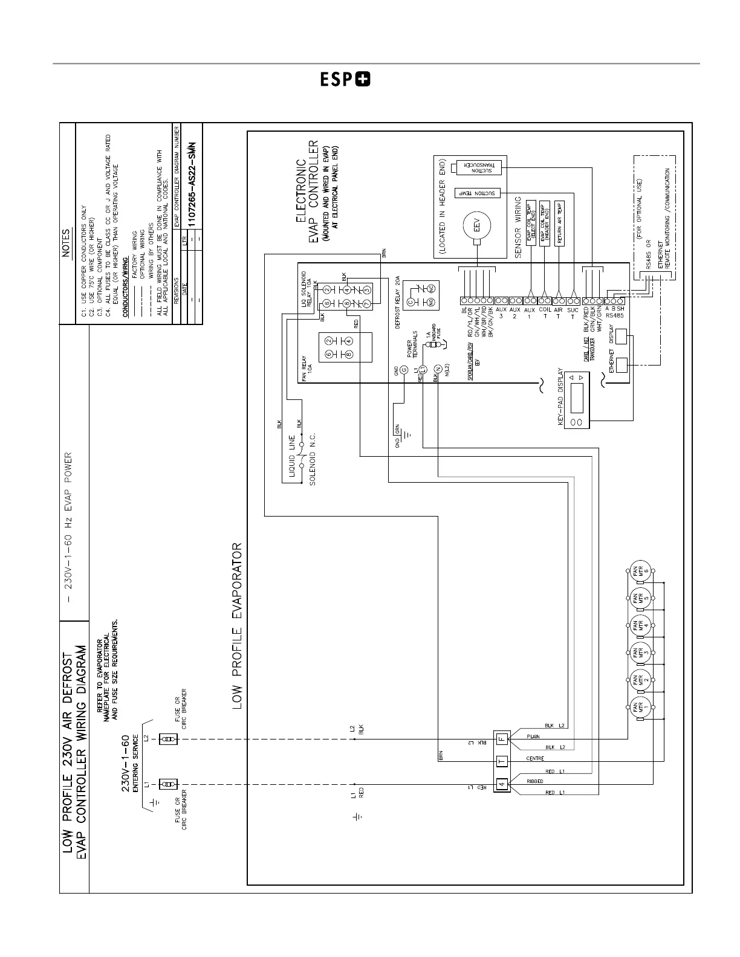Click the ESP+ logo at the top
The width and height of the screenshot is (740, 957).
pyautogui.click(x=345, y=80)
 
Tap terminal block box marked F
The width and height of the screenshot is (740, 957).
pyautogui.click(x=502, y=738)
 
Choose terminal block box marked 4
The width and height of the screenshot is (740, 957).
pyautogui.click(x=502, y=785)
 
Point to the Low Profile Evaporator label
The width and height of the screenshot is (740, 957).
pyautogui.click(x=237, y=625)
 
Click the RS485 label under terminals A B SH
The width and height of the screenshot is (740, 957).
pyautogui.click(x=615, y=316)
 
